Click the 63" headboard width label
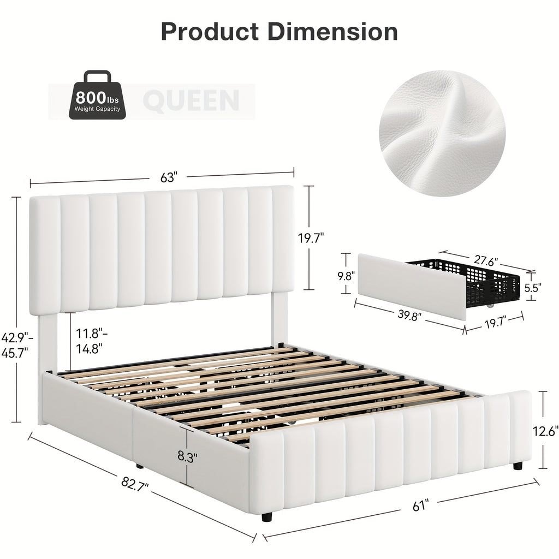[x=169, y=177]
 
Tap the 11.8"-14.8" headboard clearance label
[x=87, y=339]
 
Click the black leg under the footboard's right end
[x=518, y=466]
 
